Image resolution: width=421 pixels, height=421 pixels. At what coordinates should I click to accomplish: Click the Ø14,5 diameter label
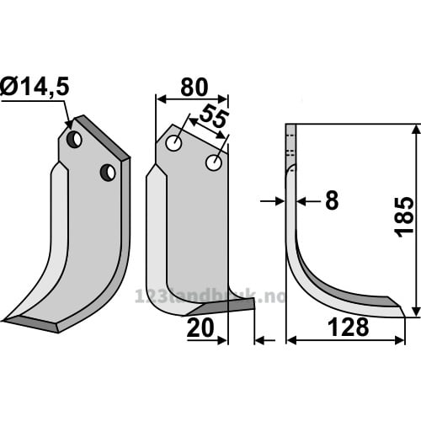pyautogui.click(x=35, y=87)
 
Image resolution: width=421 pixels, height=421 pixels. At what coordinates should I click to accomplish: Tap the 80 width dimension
pyautogui.click(x=195, y=88)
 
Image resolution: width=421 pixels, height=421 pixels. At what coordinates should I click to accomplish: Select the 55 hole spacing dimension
pyautogui.click(x=213, y=116)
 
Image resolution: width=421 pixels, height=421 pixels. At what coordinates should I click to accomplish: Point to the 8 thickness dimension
pyautogui.click(x=332, y=200)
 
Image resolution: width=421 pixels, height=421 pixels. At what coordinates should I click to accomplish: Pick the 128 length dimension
pyautogui.click(x=348, y=327)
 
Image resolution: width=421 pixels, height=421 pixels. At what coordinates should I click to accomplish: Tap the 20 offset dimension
pyautogui.click(x=200, y=328)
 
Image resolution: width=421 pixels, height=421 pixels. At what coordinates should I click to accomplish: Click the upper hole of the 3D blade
pyautogui.click(x=74, y=140)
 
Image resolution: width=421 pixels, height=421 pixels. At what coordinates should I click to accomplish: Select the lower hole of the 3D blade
pyautogui.click(x=108, y=173)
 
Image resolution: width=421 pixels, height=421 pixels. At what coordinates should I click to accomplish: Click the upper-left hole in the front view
pyautogui.click(x=173, y=143)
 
